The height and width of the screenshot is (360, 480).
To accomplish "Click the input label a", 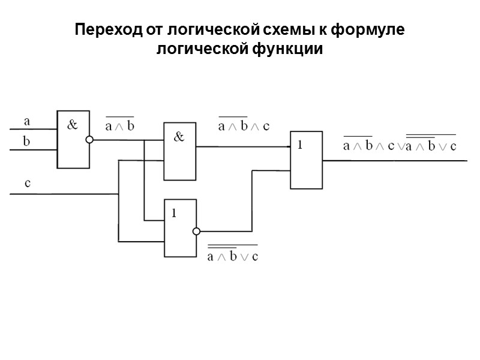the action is point(26,121).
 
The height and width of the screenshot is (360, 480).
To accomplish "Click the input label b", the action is point(26,142).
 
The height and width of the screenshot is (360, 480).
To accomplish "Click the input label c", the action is point(27,184).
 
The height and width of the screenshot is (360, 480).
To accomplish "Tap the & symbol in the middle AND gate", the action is point(179,137).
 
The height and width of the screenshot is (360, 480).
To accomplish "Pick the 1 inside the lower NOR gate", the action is point(174,212).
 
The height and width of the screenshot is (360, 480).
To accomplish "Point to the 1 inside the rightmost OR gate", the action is point(300,145).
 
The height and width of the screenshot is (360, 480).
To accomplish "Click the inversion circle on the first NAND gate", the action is point(90,140).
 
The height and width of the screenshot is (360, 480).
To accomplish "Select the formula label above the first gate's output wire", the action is point(119,125).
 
